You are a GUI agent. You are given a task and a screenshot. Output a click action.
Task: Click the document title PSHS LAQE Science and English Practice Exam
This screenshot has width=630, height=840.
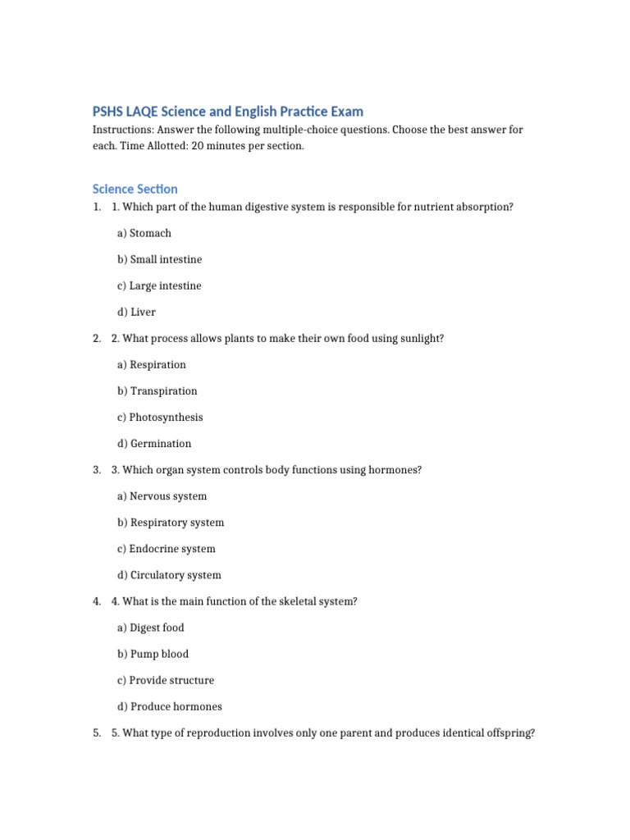click(227, 111)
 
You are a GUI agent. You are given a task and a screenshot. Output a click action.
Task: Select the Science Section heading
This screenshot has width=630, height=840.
click(135, 189)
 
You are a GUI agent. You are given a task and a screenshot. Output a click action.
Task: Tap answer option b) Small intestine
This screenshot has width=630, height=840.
click(159, 259)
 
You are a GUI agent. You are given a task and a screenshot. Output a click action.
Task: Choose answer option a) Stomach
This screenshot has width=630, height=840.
click(144, 233)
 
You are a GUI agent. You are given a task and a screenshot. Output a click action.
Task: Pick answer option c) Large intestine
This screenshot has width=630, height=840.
click(159, 285)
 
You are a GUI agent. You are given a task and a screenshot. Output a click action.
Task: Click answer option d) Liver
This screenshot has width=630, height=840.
click(136, 312)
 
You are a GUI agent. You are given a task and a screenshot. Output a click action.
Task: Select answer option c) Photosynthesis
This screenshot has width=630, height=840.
click(160, 417)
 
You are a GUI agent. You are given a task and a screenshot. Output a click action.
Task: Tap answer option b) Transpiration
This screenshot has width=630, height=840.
click(157, 390)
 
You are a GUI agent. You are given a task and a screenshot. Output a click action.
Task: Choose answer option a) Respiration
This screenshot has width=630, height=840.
click(152, 364)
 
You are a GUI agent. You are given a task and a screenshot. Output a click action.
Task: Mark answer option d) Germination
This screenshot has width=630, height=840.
click(154, 443)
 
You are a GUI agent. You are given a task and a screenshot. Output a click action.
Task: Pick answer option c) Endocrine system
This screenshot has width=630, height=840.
click(167, 548)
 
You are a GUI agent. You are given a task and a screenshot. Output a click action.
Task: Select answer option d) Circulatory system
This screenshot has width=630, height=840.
click(169, 574)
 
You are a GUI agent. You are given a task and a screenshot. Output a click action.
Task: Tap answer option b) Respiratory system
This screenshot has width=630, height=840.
click(171, 522)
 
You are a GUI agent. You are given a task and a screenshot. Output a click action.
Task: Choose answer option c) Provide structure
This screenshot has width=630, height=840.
click(166, 679)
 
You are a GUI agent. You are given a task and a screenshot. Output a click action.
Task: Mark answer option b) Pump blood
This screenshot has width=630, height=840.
click(153, 653)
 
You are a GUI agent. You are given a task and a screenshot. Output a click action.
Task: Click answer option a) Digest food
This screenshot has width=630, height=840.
click(151, 627)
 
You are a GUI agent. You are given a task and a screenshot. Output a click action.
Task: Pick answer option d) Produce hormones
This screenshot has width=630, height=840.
click(170, 705)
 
